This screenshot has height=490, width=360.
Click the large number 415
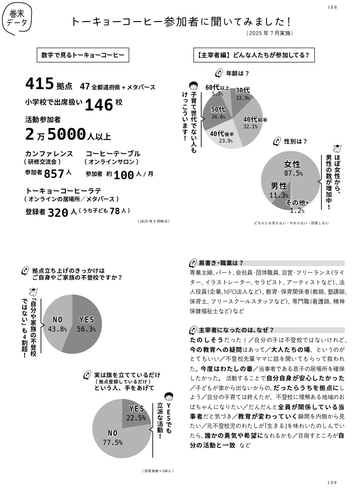click(40, 84)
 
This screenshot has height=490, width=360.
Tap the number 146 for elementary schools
click(99, 105)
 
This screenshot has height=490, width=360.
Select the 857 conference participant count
click(54, 174)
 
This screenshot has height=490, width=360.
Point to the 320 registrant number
click(58, 212)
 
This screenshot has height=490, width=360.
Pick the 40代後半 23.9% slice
click(224, 136)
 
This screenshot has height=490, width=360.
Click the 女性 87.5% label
click(293, 168)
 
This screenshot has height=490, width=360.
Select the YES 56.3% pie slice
click(86, 324)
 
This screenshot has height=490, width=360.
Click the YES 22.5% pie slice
click(136, 413)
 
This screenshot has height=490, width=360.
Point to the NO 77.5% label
click(112, 437)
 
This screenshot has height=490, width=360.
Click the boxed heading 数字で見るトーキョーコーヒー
click(83, 55)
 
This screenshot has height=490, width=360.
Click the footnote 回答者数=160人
click(158, 471)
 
